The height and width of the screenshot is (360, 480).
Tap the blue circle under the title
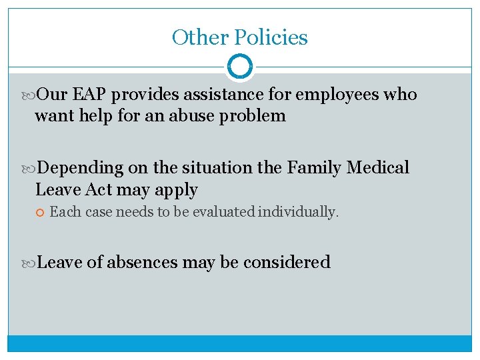click(x=240, y=67)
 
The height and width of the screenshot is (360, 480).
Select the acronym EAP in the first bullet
click(x=88, y=95)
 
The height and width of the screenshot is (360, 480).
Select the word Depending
click(x=81, y=168)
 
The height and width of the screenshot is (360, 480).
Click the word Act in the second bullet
click(x=99, y=190)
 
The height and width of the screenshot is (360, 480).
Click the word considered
click(x=287, y=262)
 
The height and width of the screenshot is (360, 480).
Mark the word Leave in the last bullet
click(x=60, y=262)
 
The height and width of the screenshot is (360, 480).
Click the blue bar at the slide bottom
click(x=240, y=343)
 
